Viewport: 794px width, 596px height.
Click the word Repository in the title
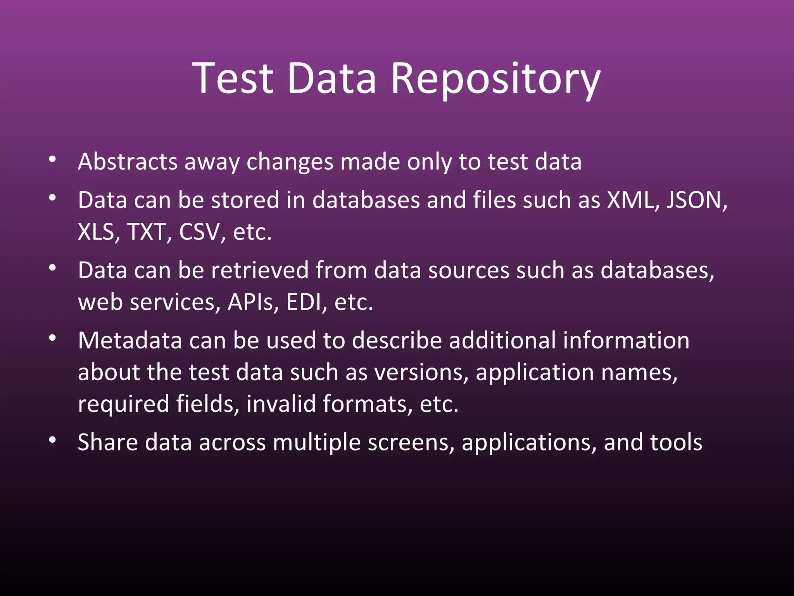pyautogui.click(x=495, y=79)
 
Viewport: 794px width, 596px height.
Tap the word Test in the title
pyautogui.click(x=233, y=79)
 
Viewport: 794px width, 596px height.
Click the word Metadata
pyautogui.click(x=130, y=341)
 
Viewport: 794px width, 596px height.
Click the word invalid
pyautogui.click(x=281, y=404)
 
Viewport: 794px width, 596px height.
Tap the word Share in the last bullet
pyautogui.click(x=107, y=442)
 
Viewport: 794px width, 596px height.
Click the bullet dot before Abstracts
pyautogui.click(x=53, y=159)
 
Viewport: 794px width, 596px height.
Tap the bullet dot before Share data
pyautogui.click(x=53, y=440)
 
